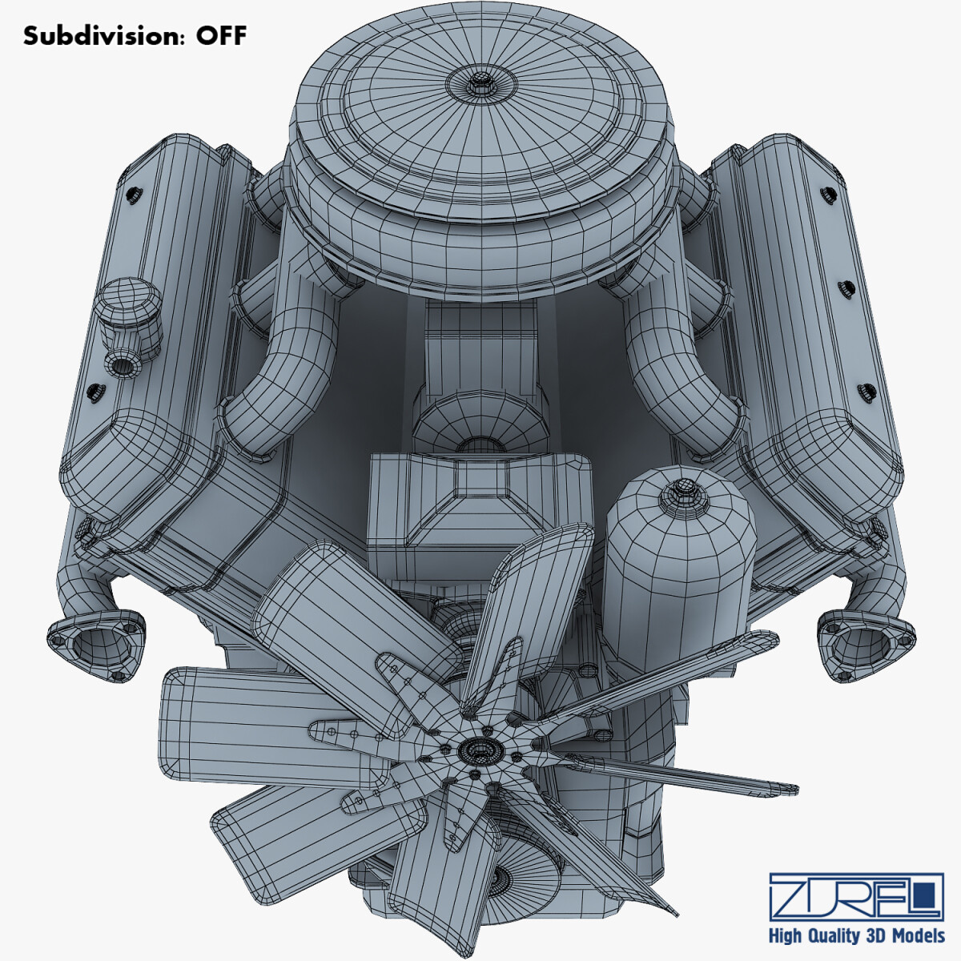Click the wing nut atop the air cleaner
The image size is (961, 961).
point(480,80)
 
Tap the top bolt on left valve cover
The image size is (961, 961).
point(132,191)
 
